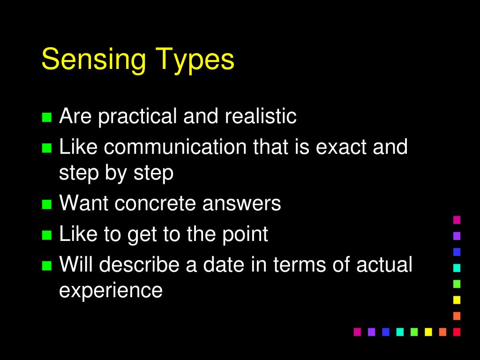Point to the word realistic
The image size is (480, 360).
pyautogui.click(x=261, y=116)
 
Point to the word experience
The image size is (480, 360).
pyautogui.click(x=111, y=290)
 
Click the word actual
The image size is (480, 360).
pyautogui.click(x=384, y=264)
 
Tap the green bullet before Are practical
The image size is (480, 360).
pyautogui.click(x=46, y=117)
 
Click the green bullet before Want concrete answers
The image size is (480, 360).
pyautogui.click(x=46, y=204)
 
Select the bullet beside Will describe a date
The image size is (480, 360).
pyautogui.click(x=46, y=265)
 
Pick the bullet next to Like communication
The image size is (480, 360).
pyautogui.click(x=46, y=148)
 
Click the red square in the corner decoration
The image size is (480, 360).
pyautogui.click(x=457, y=332)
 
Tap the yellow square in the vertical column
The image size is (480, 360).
pyautogui.click(x=457, y=300)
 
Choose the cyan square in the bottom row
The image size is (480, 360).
pyautogui.click(x=400, y=332)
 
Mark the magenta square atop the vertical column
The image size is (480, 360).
pyautogui.click(x=457, y=219)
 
